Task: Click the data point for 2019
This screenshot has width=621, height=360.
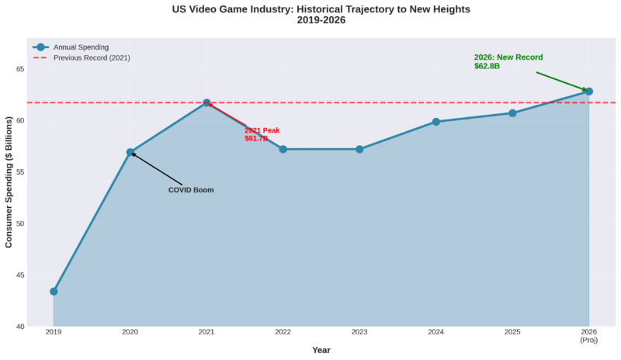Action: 54,292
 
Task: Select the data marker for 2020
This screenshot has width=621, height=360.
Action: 130,152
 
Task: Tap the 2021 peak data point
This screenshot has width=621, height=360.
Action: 206,103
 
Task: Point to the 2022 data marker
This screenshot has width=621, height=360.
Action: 283,149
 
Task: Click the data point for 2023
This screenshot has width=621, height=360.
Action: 359,149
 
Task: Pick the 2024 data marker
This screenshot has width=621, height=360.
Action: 436,122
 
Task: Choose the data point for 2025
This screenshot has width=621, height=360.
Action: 512,113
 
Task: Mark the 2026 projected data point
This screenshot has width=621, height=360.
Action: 589,92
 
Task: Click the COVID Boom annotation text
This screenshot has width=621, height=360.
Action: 191,190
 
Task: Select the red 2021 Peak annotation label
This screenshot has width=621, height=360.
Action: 262,134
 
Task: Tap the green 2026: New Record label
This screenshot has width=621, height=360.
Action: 508,62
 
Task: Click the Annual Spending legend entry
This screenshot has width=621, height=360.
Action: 86,47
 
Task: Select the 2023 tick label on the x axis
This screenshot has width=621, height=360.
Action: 359,333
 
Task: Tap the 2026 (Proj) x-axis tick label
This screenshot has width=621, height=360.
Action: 589,337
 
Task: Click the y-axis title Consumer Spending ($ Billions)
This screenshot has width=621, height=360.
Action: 9,182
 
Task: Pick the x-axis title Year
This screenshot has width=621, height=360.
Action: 321,351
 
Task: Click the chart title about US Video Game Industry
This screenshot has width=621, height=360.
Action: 321,14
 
